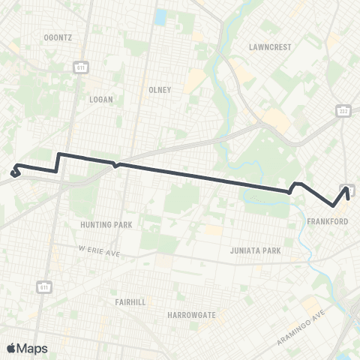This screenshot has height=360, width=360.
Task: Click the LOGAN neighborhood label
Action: pos(100,98)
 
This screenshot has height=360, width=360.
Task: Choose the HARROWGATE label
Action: pos(191,315)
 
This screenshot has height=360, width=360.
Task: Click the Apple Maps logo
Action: pos(26,348)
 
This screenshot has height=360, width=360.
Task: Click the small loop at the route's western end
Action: pos(15,172)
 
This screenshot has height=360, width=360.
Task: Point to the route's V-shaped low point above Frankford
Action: pos(333,205)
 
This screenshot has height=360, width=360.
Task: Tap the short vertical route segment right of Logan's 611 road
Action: pos(58,163)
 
